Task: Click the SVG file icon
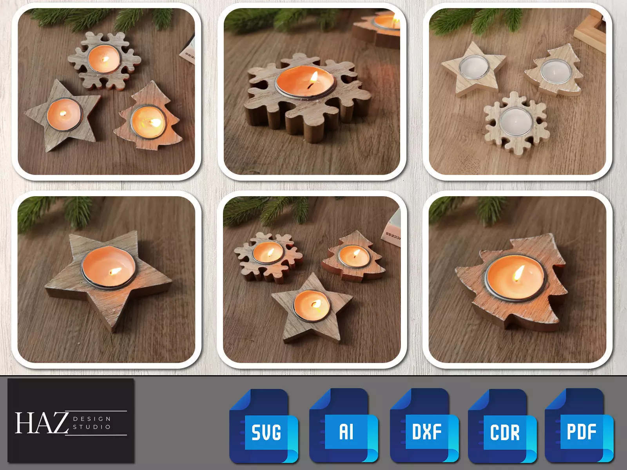coord(264,426)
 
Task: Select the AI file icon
coord(344,426)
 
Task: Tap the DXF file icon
coord(424,426)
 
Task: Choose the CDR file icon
coord(502,426)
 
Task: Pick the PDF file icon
coord(579,426)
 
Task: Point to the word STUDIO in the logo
coord(92,427)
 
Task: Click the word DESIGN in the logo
coord(92,419)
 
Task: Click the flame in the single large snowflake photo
coord(313,80)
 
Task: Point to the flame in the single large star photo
coord(116,271)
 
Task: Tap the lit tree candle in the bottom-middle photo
coord(354,255)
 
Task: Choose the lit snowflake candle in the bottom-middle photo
coord(268,253)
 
